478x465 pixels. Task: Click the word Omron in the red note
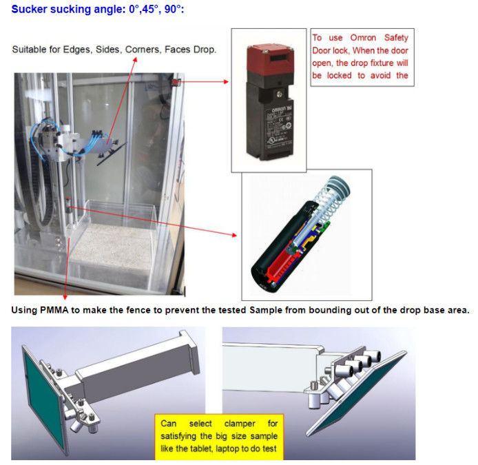pos(363,38)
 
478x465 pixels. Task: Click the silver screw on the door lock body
pos(279,94)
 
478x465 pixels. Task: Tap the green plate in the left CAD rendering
pos(44,396)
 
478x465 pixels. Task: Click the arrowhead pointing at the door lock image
pos(226,82)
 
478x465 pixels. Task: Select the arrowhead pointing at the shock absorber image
pos(234,235)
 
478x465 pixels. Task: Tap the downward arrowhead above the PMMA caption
pos(65,297)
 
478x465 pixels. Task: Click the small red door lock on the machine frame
pos(176,81)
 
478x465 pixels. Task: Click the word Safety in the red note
pos(396,38)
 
